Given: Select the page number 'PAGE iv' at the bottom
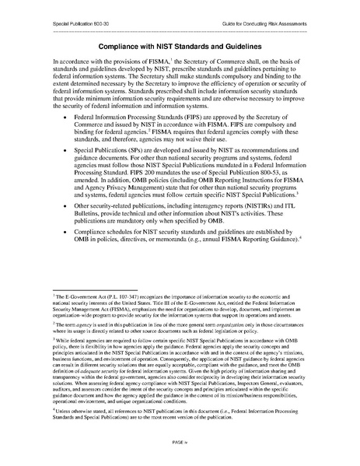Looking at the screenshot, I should (180, 441).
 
